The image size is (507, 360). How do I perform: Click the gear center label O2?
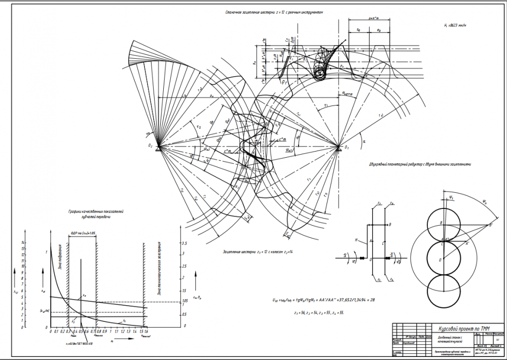[x=151, y=146]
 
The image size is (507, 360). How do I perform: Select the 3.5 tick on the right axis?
[x=184, y=243]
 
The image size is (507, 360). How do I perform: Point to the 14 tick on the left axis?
[x=23, y=242]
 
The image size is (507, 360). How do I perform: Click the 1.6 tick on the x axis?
[x=146, y=332]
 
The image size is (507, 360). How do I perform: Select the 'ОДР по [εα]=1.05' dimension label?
[x=83, y=234]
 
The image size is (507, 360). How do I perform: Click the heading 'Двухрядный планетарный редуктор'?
[x=420, y=164]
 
